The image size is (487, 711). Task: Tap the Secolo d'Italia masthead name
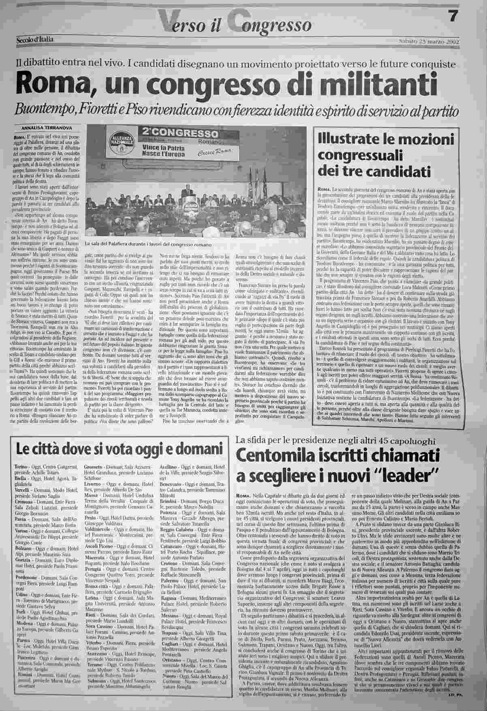[x=35, y=39]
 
